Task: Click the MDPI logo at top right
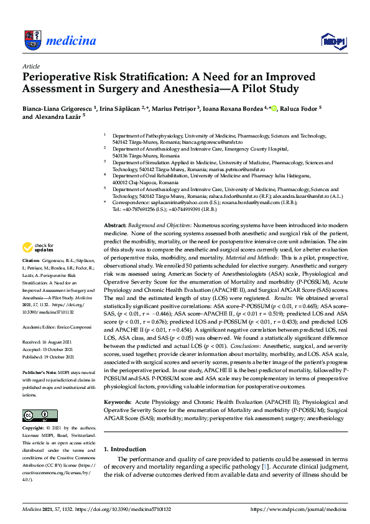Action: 333,41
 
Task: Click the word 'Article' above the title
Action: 31,65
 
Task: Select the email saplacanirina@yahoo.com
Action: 175,202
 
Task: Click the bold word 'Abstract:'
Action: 116,224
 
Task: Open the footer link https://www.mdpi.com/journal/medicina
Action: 298,509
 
